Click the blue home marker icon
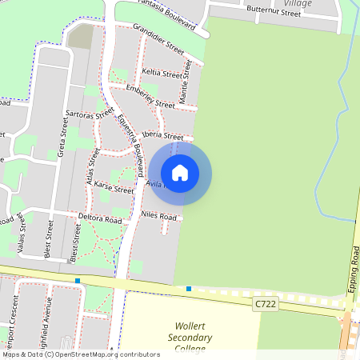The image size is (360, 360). (x=180, y=173)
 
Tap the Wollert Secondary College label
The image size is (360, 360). (x=193, y=338)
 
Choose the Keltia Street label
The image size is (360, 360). (x=161, y=73)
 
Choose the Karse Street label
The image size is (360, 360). (x=114, y=189)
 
